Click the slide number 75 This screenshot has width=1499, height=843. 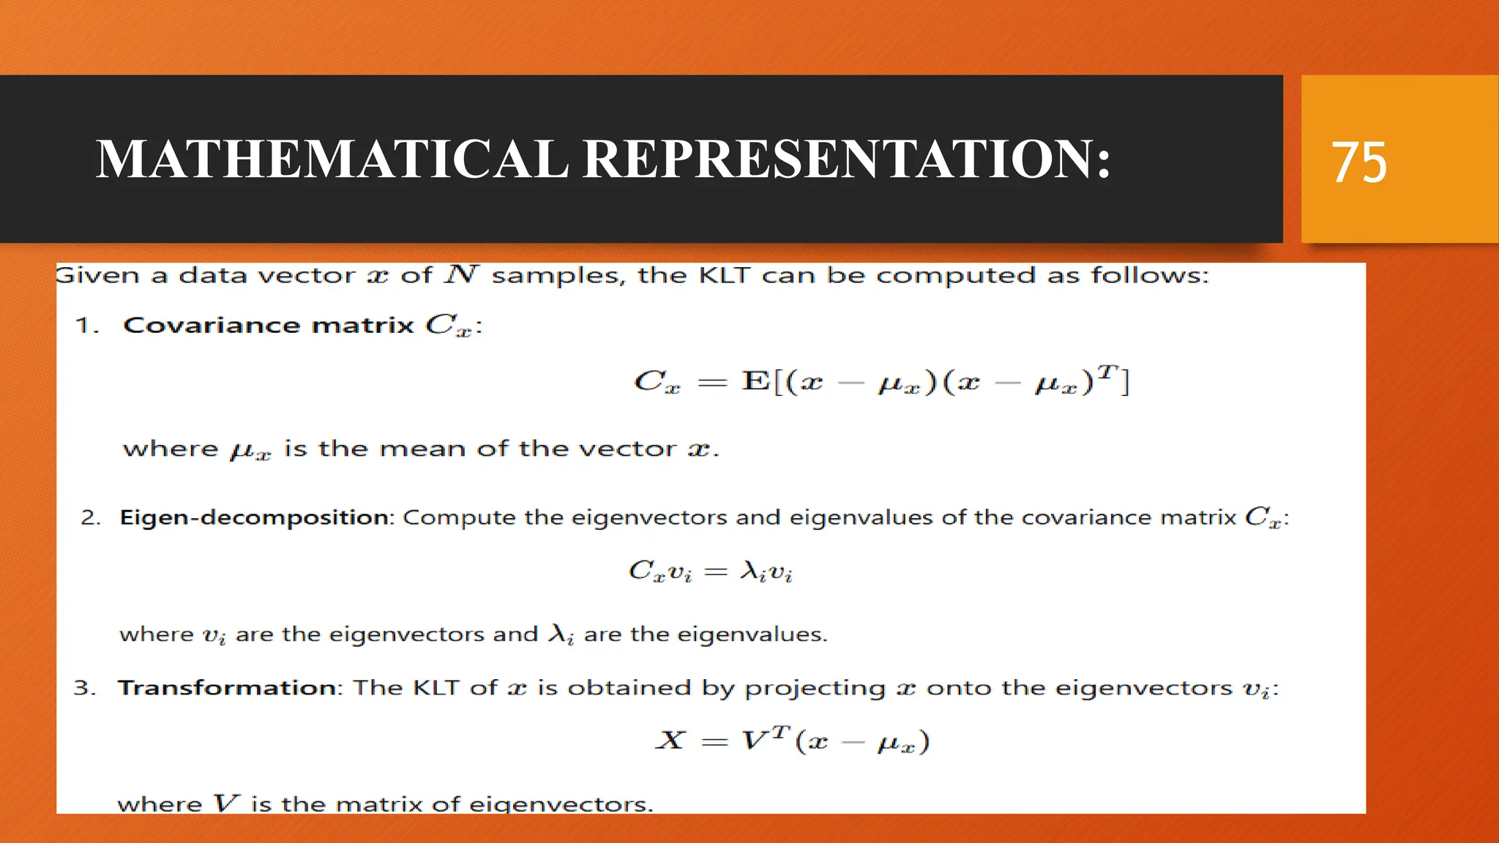click(1358, 162)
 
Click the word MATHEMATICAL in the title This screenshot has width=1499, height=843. click(332, 159)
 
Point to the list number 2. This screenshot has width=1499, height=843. click(90, 518)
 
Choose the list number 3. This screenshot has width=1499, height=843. click(84, 689)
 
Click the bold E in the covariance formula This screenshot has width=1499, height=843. click(755, 381)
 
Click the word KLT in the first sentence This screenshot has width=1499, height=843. click(725, 276)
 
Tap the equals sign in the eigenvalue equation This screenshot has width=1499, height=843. click(715, 572)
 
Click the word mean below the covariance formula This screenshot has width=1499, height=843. click(422, 449)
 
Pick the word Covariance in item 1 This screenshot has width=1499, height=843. click(212, 325)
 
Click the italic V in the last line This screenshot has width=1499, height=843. click(226, 803)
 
